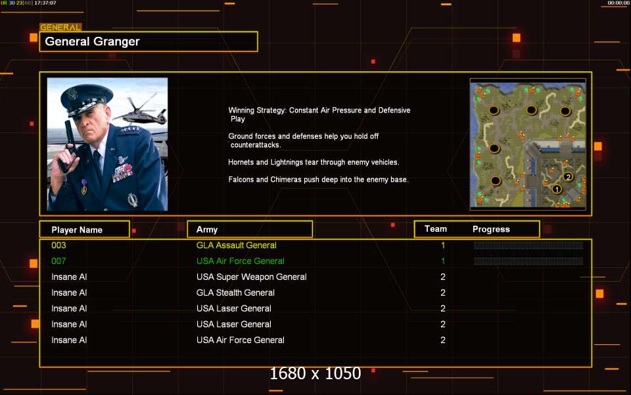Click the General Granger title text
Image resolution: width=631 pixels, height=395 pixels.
tap(92, 41)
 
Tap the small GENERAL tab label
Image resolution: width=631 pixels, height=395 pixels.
tap(60, 28)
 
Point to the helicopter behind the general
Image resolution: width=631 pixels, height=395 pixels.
tap(139, 111)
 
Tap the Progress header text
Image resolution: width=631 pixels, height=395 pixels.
tap(491, 229)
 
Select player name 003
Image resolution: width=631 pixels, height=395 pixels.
tap(58, 245)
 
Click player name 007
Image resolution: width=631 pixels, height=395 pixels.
tap(58, 261)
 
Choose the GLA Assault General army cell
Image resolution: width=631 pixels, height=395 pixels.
tap(236, 245)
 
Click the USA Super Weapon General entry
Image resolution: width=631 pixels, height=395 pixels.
tap(252, 277)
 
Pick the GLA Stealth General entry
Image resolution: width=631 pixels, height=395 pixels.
tap(235, 292)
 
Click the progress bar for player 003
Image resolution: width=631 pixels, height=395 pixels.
tap(528, 246)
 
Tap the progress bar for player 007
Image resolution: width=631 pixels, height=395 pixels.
tap(528, 261)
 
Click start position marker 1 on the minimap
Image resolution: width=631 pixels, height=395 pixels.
tap(557, 189)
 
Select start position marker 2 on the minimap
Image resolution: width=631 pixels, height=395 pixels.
tap(568, 176)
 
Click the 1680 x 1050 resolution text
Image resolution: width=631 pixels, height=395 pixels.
tap(315, 373)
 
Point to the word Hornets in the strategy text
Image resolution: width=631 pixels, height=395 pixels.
tap(241, 162)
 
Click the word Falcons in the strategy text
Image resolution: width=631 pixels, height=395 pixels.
tap(241, 179)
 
